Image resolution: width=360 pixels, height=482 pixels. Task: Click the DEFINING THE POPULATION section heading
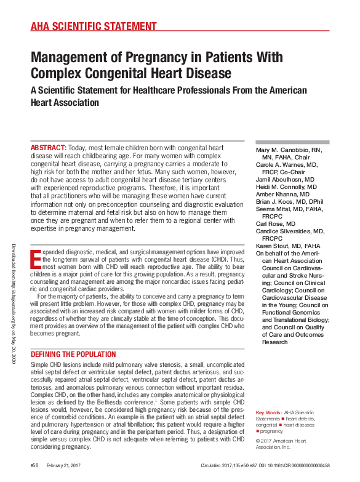tap(73, 355)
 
